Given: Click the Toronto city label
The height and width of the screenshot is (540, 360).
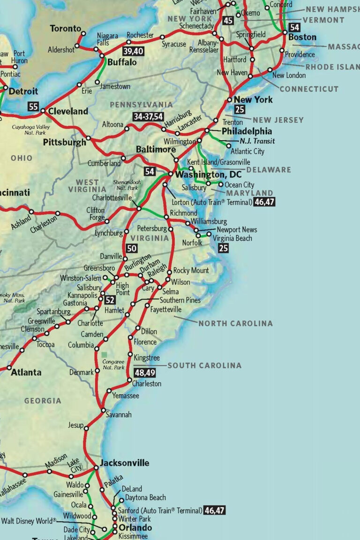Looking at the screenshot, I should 66,29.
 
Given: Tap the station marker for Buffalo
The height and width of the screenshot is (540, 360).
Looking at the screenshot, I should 103,56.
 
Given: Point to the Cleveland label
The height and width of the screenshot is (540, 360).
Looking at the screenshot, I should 68,111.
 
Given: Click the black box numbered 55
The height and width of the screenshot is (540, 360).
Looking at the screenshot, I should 33,106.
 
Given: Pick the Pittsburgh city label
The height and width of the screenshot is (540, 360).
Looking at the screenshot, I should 65,142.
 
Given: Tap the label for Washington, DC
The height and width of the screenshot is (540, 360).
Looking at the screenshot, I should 208,175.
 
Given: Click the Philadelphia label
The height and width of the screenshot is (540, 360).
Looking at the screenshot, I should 247,131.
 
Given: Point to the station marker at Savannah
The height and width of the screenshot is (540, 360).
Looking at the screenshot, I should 104,411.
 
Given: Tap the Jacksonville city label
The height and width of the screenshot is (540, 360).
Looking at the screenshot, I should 124,463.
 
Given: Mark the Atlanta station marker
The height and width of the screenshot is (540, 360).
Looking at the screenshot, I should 9,368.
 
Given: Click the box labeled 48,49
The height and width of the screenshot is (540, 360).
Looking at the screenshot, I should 144,373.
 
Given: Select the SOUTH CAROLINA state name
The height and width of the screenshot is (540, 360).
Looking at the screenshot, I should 204,365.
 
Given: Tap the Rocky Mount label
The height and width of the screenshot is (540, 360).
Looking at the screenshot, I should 191,271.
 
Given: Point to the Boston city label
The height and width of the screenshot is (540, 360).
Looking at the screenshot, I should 302,37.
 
